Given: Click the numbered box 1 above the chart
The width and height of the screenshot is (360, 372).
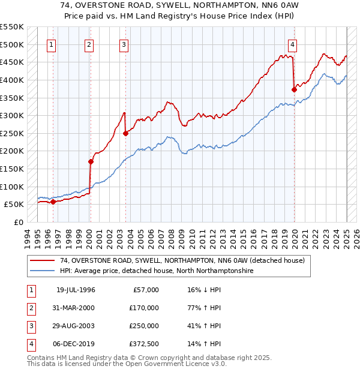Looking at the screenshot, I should pos(52,44).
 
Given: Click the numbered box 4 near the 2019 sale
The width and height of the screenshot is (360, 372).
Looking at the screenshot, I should pos(292,44).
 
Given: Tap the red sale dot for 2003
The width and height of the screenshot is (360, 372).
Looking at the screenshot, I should pos(126,133).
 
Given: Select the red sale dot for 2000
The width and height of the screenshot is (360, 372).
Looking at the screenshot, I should pos(91,161).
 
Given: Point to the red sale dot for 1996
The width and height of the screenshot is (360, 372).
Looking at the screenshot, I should pos(53,202).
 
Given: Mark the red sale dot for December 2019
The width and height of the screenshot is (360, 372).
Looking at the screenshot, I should pos(294,89).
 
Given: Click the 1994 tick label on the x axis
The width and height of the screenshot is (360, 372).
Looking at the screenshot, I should pos(28,236).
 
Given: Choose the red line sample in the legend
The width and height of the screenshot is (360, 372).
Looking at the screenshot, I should pos(43,260).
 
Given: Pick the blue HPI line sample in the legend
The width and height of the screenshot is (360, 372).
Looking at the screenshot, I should pos(43,271).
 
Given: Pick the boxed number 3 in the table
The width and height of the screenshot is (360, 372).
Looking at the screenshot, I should pos(29,326).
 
